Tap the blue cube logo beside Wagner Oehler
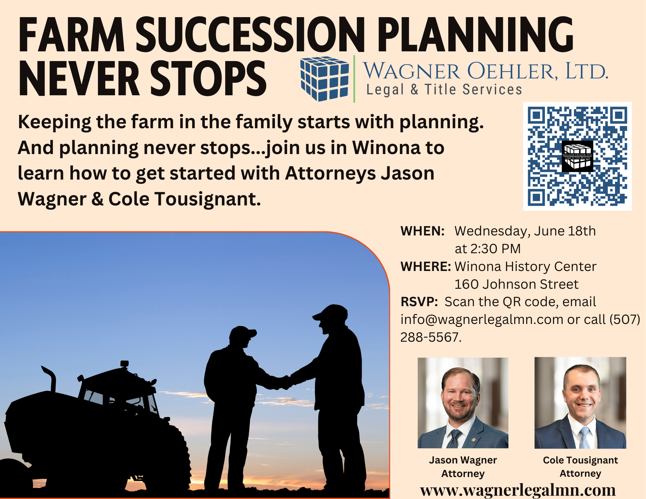point(325,78)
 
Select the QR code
point(577,156)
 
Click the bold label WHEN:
point(422,231)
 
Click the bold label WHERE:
point(426,267)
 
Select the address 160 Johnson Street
point(516,284)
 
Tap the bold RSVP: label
point(419,302)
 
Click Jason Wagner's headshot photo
point(463,403)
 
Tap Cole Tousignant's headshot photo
point(580,403)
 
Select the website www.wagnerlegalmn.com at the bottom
point(518,490)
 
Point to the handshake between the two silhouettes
point(286,383)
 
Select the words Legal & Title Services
point(444,89)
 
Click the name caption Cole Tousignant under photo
point(580,460)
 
